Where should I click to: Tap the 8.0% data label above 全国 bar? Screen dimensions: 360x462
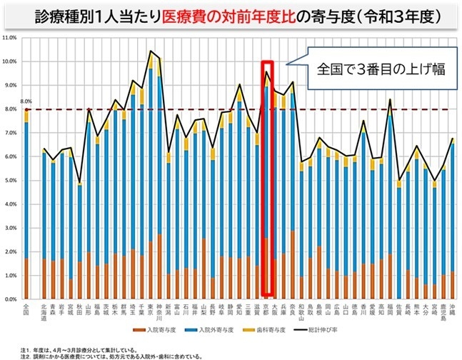[26, 101]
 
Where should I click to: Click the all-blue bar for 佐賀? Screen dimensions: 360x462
[399, 243]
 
